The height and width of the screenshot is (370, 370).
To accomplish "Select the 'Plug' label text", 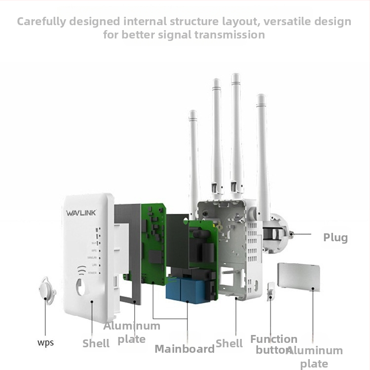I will (x=335, y=238).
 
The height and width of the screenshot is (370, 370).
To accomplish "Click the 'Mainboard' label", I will (x=185, y=349).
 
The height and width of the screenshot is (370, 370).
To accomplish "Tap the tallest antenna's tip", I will (x=236, y=77).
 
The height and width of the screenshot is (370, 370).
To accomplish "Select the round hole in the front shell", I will (x=81, y=288).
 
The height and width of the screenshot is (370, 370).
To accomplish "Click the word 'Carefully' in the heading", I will (x=44, y=22).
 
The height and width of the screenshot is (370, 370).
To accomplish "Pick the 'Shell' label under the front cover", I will (x=96, y=343).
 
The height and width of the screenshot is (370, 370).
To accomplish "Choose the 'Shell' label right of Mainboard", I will (x=229, y=343).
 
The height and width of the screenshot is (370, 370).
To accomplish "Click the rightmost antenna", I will (x=262, y=148).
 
